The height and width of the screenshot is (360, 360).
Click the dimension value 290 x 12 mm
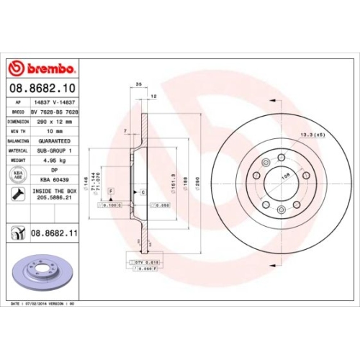(53, 122)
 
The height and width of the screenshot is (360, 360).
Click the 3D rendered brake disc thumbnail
(42, 271)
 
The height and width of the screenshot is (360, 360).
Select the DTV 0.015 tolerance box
(141, 262)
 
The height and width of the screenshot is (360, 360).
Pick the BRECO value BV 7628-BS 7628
(55, 113)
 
